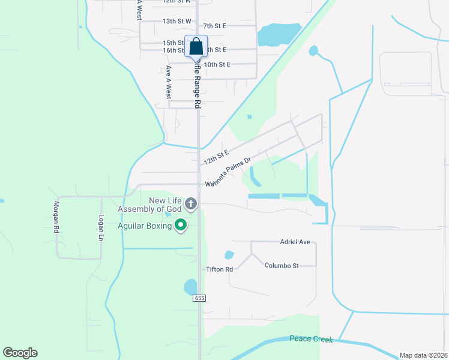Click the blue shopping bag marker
pos(196,47)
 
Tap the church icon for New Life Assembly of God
pos(191,204)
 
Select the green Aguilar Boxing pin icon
pos(181,225)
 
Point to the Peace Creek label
pos(311,339)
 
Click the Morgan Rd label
pos(56,217)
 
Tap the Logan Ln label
pos(101,227)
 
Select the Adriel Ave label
pos(295,242)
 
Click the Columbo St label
pos(282,265)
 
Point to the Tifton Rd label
pos(219,269)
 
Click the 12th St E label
pos(216,158)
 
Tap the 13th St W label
pos(176,21)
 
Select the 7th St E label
pos(214,26)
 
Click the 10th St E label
pos(217,64)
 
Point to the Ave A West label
pos(169,82)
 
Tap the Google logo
pos(20,353)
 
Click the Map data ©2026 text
pos(423,355)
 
